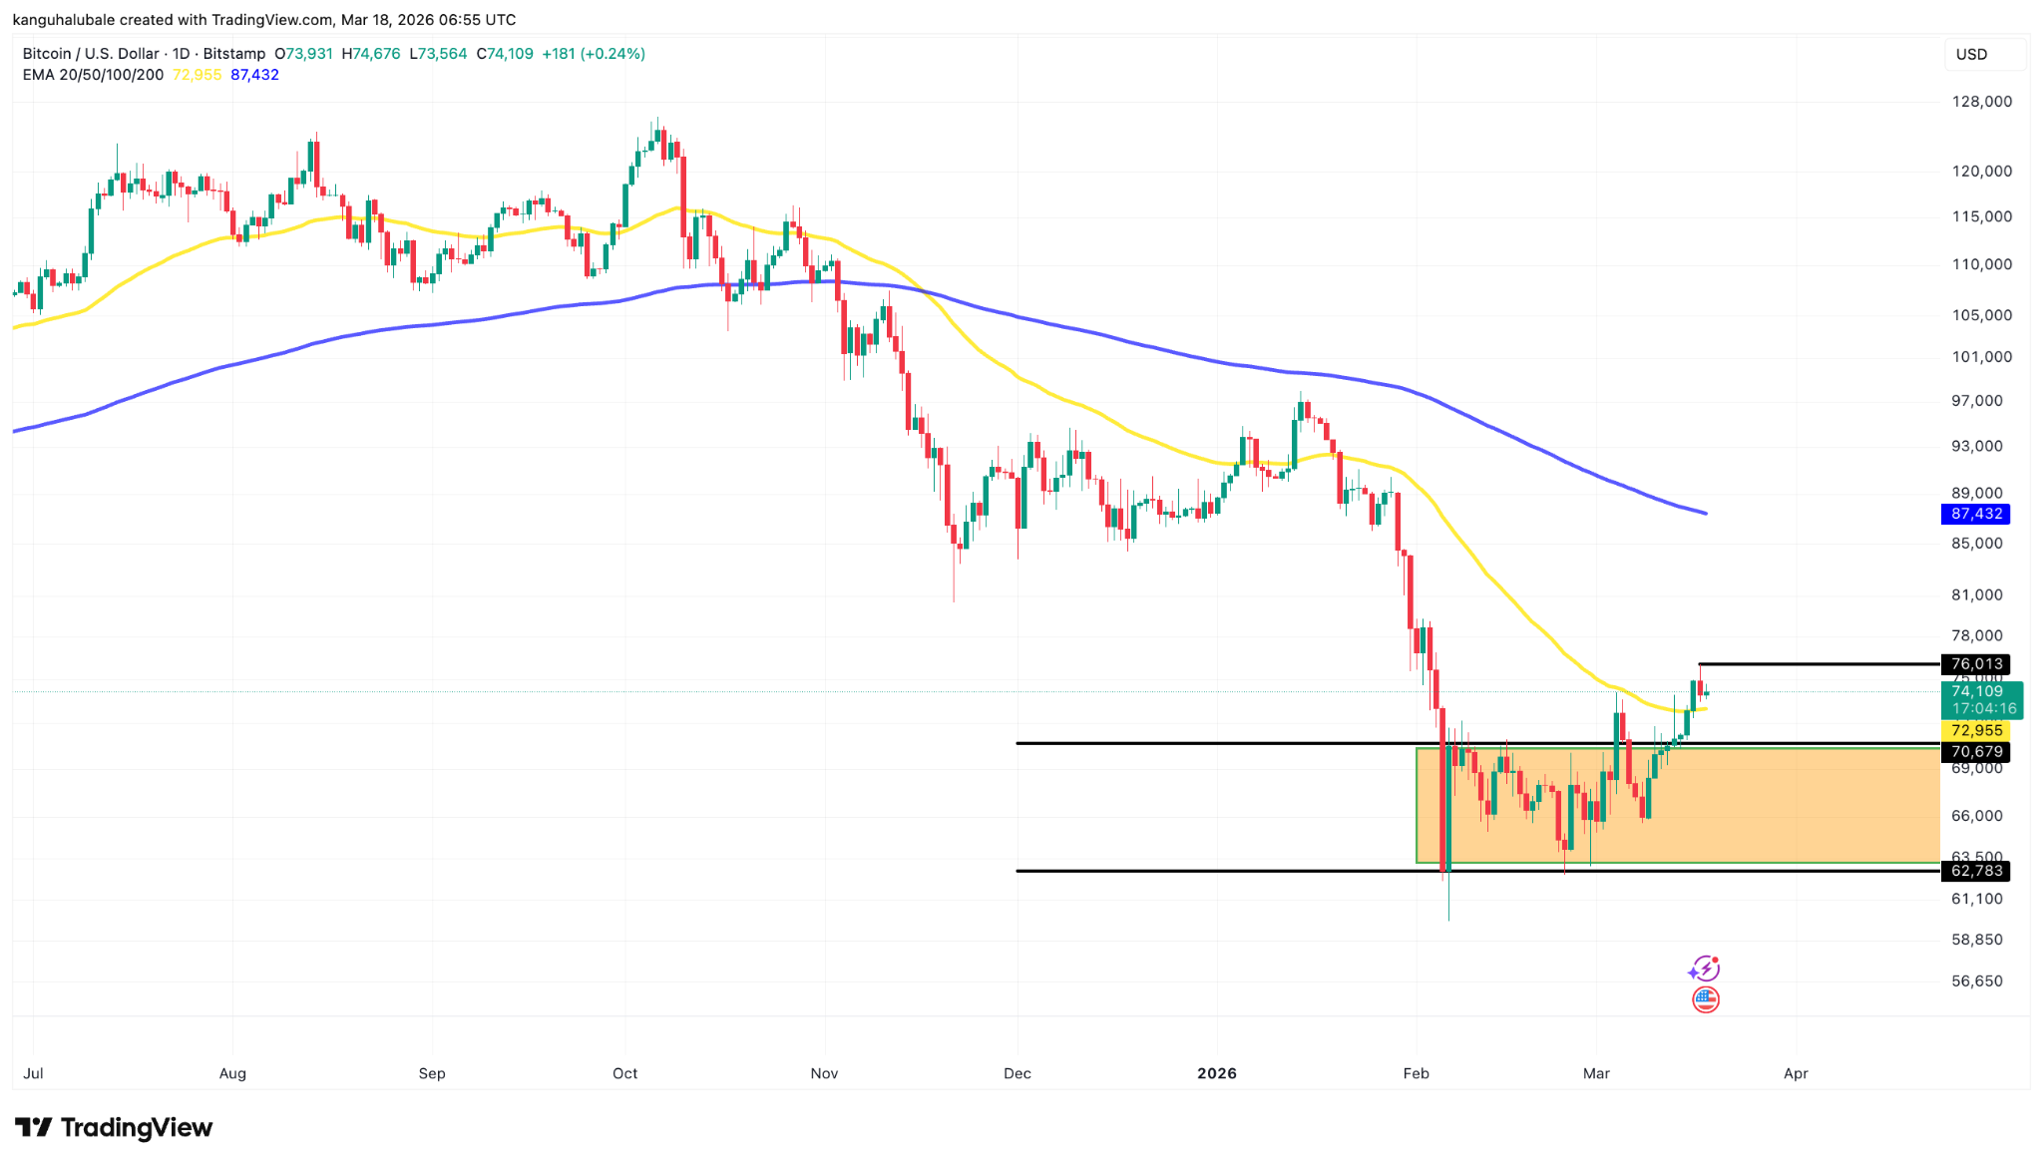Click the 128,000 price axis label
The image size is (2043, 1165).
pos(1981,102)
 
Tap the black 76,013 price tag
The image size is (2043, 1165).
pos(1975,664)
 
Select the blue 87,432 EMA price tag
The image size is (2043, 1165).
pos(1975,514)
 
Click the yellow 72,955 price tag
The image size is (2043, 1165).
pos(1975,731)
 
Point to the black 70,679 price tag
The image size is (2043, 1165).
pos(1975,752)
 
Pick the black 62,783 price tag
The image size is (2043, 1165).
pos(1975,871)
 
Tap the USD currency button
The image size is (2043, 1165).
pos(1971,55)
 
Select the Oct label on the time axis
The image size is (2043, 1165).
pos(625,1073)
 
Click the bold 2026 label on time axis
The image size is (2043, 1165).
pos(1217,1073)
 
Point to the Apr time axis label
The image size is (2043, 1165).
pos(1796,1073)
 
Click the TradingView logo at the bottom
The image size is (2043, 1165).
pos(114,1128)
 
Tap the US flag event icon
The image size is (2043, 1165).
pos(1706,999)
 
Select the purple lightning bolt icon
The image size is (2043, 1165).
pos(1704,969)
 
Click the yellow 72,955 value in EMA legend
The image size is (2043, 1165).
pos(198,75)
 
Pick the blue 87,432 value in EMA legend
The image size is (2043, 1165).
pos(254,75)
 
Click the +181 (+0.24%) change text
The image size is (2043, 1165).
pos(593,54)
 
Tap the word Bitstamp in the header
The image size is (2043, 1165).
pos(234,54)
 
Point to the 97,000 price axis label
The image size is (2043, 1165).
pos(1976,401)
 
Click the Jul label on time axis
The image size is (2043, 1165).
pos(33,1073)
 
